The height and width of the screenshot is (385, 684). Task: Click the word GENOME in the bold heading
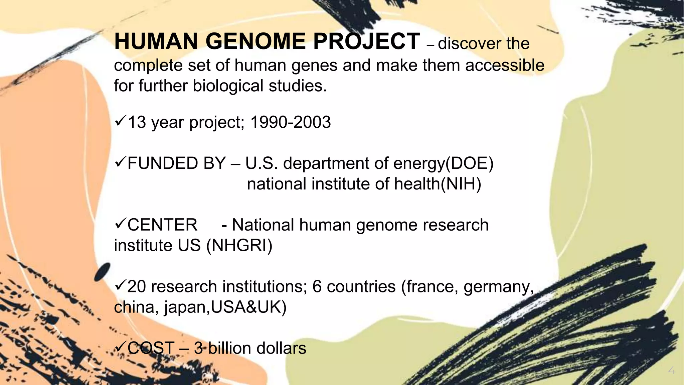point(255,41)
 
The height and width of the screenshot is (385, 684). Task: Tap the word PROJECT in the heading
point(366,41)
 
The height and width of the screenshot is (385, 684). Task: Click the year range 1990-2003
point(290,122)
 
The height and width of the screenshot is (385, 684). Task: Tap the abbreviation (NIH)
point(461,184)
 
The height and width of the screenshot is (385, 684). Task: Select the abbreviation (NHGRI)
point(239,245)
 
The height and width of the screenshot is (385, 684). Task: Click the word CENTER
point(162,225)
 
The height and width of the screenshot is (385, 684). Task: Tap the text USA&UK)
point(248,307)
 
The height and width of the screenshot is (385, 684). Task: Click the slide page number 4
point(671,371)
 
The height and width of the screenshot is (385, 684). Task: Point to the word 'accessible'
point(505,65)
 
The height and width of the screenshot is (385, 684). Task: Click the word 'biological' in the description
point(228,86)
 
